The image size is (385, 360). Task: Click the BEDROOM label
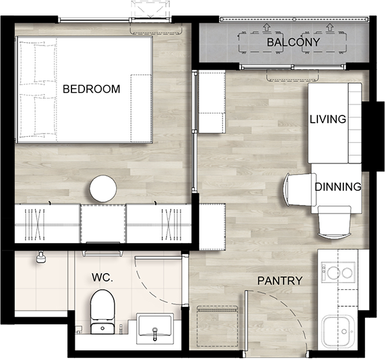click(92, 89)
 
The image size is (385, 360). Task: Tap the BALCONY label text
click(293, 42)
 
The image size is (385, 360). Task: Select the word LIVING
click(328, 119)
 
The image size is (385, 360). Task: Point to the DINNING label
click(338, 187)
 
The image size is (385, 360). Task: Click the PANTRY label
click(280, 281)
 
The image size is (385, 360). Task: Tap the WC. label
click(103, 278)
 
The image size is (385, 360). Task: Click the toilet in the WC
click(103, 312)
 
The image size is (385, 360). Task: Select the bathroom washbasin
click(155, 328)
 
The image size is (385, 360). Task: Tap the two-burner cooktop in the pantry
click(338, 272)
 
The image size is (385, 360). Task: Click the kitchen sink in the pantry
click(338, 331)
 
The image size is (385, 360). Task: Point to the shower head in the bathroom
click(41, 258)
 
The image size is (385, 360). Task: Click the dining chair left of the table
click(300, 189)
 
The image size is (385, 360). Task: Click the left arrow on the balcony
click(266, 27)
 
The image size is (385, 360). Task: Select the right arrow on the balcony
click(330, 27)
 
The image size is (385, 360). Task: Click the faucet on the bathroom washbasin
click(155, 333)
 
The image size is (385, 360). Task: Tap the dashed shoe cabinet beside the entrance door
click(217, 326)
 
